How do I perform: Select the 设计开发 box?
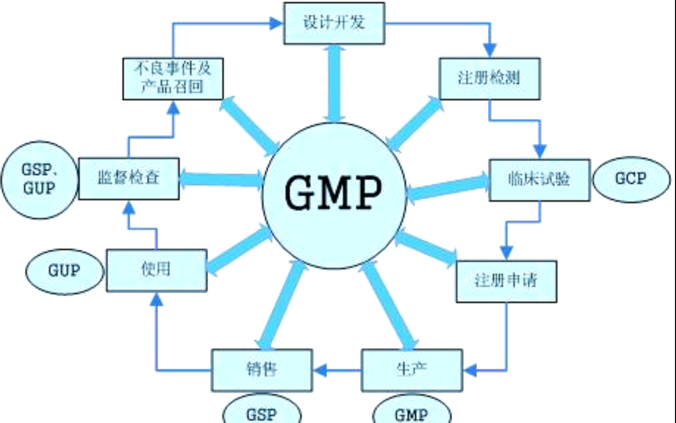[334, 23]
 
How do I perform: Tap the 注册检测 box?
[489, 78]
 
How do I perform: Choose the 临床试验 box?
[539, 179]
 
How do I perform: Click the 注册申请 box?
[506, 281]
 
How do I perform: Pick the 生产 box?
[411, 370]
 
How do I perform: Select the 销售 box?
[262, 370]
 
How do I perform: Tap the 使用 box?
[156, 270]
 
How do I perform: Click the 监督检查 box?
[129, 178]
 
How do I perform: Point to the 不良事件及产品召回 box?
[173, 78]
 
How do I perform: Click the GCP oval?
[631, 179]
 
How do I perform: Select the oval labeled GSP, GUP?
[40, 179]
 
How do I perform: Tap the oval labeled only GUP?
[64, 271]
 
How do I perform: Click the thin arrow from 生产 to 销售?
[337, 371]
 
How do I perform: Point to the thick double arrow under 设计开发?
[334, 83]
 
